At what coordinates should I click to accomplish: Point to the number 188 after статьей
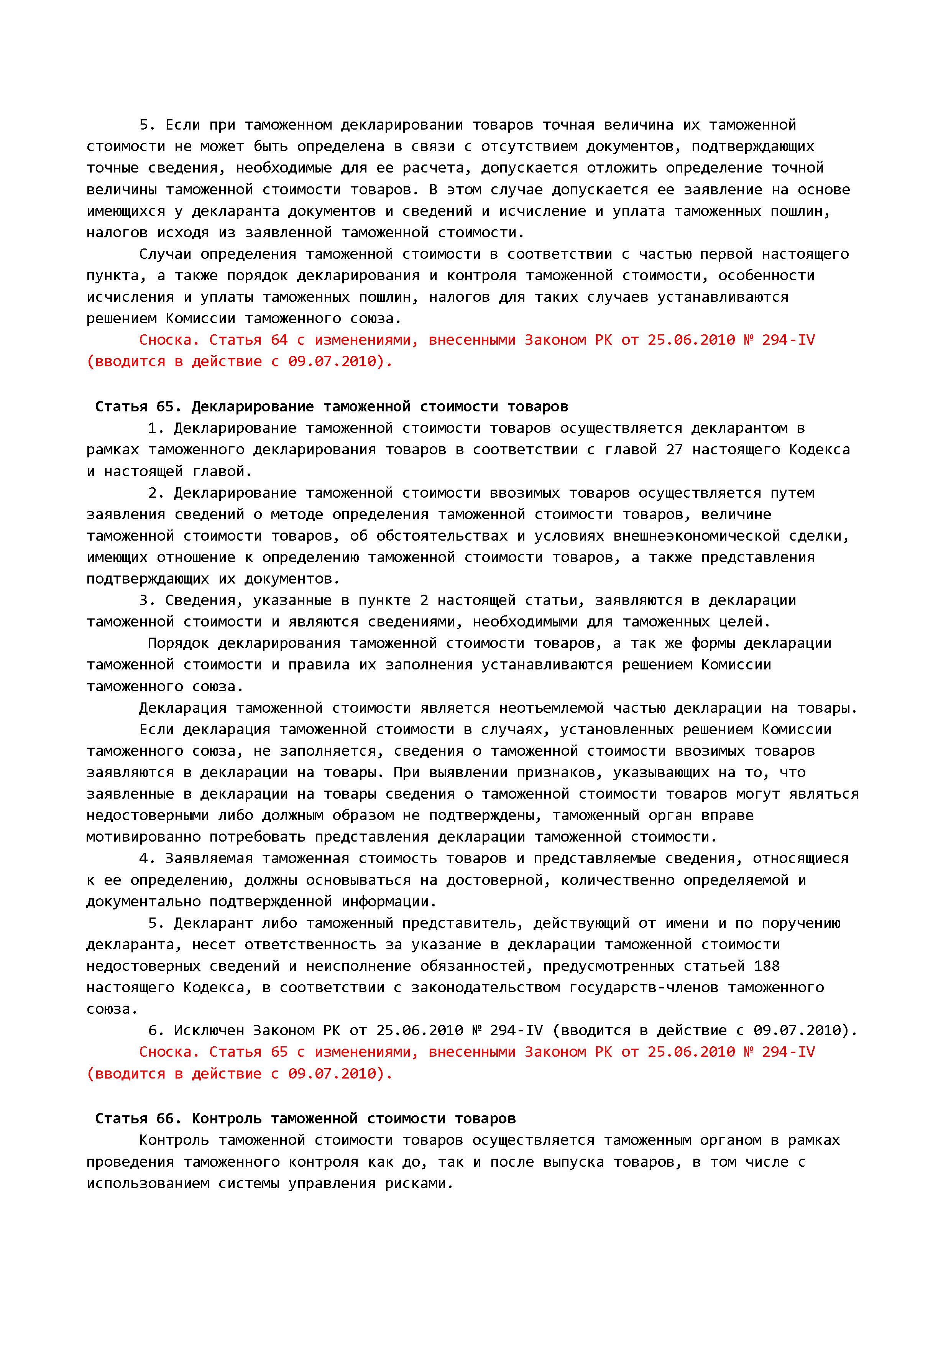coord(767,966)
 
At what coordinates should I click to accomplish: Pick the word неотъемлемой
coord(551,708)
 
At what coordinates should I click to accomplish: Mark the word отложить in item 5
coord(621,168)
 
